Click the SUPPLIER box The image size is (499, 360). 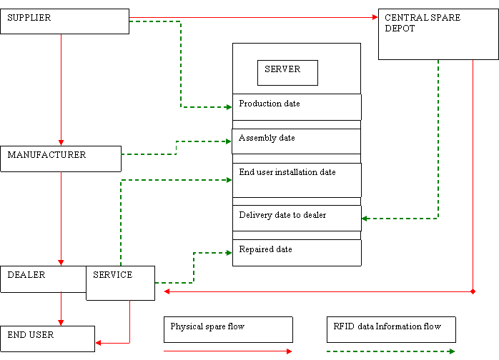tap(64, 21)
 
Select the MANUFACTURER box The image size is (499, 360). tap(61, 159)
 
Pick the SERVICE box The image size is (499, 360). tap(120, 282)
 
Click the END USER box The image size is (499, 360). tap(47, 339)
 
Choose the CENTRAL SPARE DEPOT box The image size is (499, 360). tap(438, 34)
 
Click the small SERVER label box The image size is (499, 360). tap(287, 72)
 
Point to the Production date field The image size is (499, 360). tap(297, 106)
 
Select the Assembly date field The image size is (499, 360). tap(297, 141)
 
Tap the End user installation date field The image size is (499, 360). tap(297, 179)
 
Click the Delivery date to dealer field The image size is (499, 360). tap(297, 218)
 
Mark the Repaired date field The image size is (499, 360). tap(297, 252)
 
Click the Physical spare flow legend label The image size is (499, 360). tap(228, 329)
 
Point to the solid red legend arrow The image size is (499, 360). tap(227, 351)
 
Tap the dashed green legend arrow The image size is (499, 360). tap(390, 351)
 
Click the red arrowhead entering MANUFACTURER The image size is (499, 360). tap(61, 143)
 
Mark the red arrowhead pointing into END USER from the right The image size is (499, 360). tap(99, 343)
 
